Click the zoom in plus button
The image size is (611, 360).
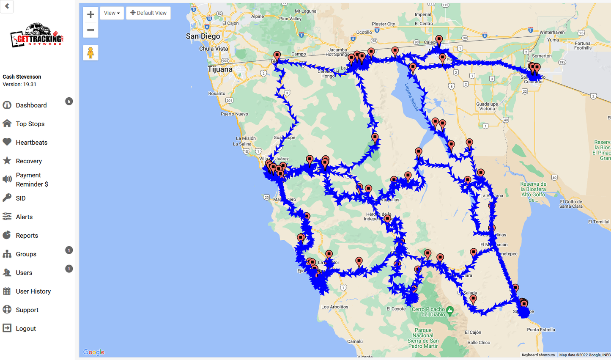[90, 14]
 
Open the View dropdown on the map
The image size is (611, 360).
[112, 13]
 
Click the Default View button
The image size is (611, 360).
[148, 13]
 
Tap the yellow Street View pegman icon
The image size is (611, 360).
[90, 53]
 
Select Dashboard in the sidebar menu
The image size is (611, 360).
[31, 105]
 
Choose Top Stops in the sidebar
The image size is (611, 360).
[30, 124]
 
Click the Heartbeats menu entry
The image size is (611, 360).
[31, 143]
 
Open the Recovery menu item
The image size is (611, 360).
[29, 161]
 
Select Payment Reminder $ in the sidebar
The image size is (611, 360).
[32, 180]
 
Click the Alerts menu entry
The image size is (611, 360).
[24, 217]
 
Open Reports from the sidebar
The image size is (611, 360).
[27, 236]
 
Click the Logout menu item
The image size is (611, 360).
[25, 329]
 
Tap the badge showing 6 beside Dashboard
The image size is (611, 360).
[69, 101]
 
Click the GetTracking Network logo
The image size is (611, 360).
[37, 36]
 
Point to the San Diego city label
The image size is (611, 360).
[203, 36]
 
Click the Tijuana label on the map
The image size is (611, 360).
[220, 69]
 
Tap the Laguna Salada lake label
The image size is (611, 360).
[411, 97]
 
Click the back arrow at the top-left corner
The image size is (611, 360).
[7, 6]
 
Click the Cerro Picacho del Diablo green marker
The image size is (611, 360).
[450, 311]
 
